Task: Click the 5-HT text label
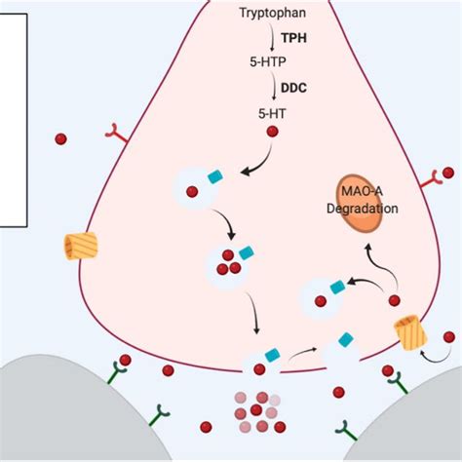272,112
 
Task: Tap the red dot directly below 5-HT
272,132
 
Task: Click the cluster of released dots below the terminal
256,411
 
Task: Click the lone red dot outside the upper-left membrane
61,139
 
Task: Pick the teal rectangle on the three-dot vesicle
246,252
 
